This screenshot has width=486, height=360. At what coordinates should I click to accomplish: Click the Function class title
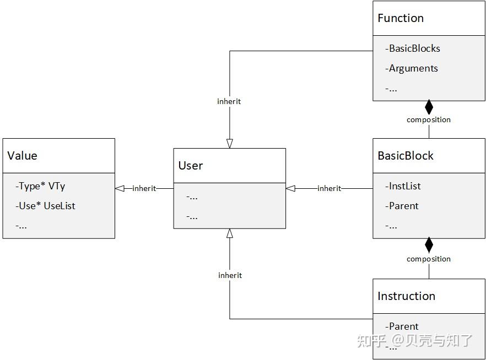click(401, 18)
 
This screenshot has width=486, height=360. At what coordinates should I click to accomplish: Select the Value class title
click(22, 156)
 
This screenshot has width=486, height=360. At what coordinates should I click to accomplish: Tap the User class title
click(191, 166)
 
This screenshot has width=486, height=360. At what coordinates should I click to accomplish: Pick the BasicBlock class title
click(406, 156)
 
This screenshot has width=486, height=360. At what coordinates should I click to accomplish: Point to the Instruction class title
click(406, 296)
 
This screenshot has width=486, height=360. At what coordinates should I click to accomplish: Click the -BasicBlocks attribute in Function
click(413, 48)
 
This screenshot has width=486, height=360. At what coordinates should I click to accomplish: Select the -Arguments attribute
click(412, 68)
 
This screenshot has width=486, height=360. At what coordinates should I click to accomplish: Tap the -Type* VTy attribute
click(40, 187)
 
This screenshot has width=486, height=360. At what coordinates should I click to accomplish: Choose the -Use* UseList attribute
click(45, 206)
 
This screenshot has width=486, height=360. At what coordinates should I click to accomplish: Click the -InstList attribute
click(403, 186)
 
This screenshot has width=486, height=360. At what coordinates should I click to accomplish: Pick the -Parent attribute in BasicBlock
click(402, 206)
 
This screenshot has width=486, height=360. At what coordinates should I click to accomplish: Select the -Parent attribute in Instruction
click(402, 326)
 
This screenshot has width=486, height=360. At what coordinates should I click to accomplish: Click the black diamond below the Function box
click(429, 107)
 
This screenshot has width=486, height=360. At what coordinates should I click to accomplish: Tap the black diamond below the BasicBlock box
click(429, 244)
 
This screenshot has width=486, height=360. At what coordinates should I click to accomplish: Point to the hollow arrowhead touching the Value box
click(120, 188)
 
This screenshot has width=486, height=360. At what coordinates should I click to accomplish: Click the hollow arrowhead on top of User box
click(230, 144)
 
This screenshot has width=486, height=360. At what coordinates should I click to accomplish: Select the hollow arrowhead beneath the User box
click(230, 233)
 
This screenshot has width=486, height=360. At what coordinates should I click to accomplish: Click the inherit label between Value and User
click(144, 188)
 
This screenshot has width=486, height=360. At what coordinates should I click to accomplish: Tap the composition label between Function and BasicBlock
click(429, 120)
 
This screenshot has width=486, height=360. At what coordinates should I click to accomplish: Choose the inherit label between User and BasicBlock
click(329, 188)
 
